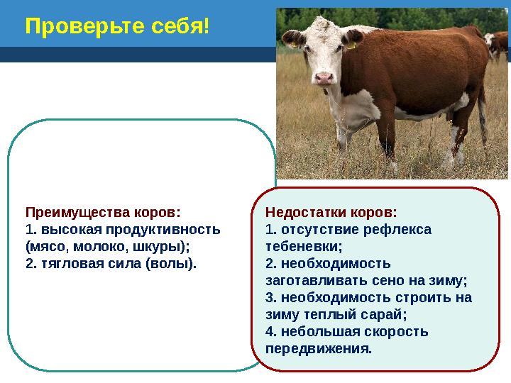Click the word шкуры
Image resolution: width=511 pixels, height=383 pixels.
(160, 247)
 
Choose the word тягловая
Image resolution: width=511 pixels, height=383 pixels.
(71, 264)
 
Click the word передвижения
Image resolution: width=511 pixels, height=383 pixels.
(317, 349)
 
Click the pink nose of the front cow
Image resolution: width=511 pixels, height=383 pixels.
(324, 78)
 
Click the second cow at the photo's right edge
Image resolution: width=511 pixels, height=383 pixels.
(498, 47)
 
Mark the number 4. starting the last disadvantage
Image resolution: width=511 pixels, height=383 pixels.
(270, 332)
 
